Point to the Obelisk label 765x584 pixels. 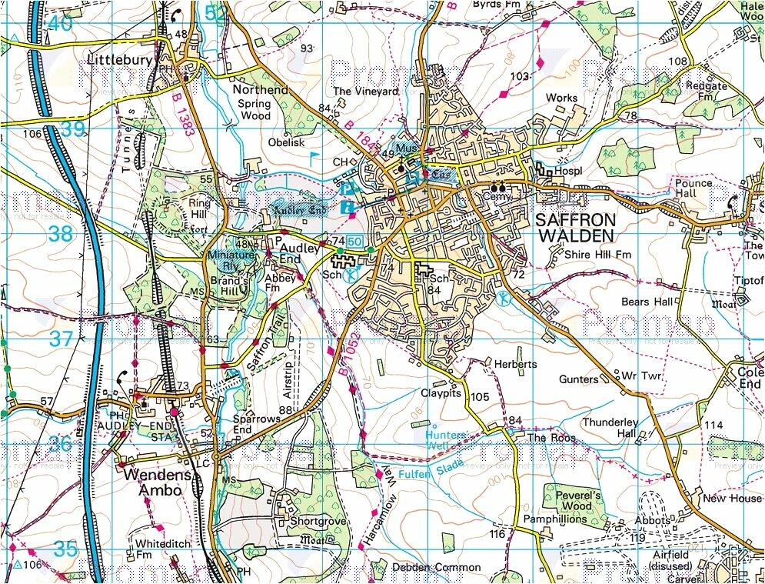287,142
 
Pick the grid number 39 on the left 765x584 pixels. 72,129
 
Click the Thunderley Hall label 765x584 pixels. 610,428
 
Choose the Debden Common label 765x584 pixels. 436,568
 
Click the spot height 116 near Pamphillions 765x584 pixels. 497,534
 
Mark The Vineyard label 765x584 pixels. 366,92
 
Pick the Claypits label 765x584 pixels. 441,392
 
